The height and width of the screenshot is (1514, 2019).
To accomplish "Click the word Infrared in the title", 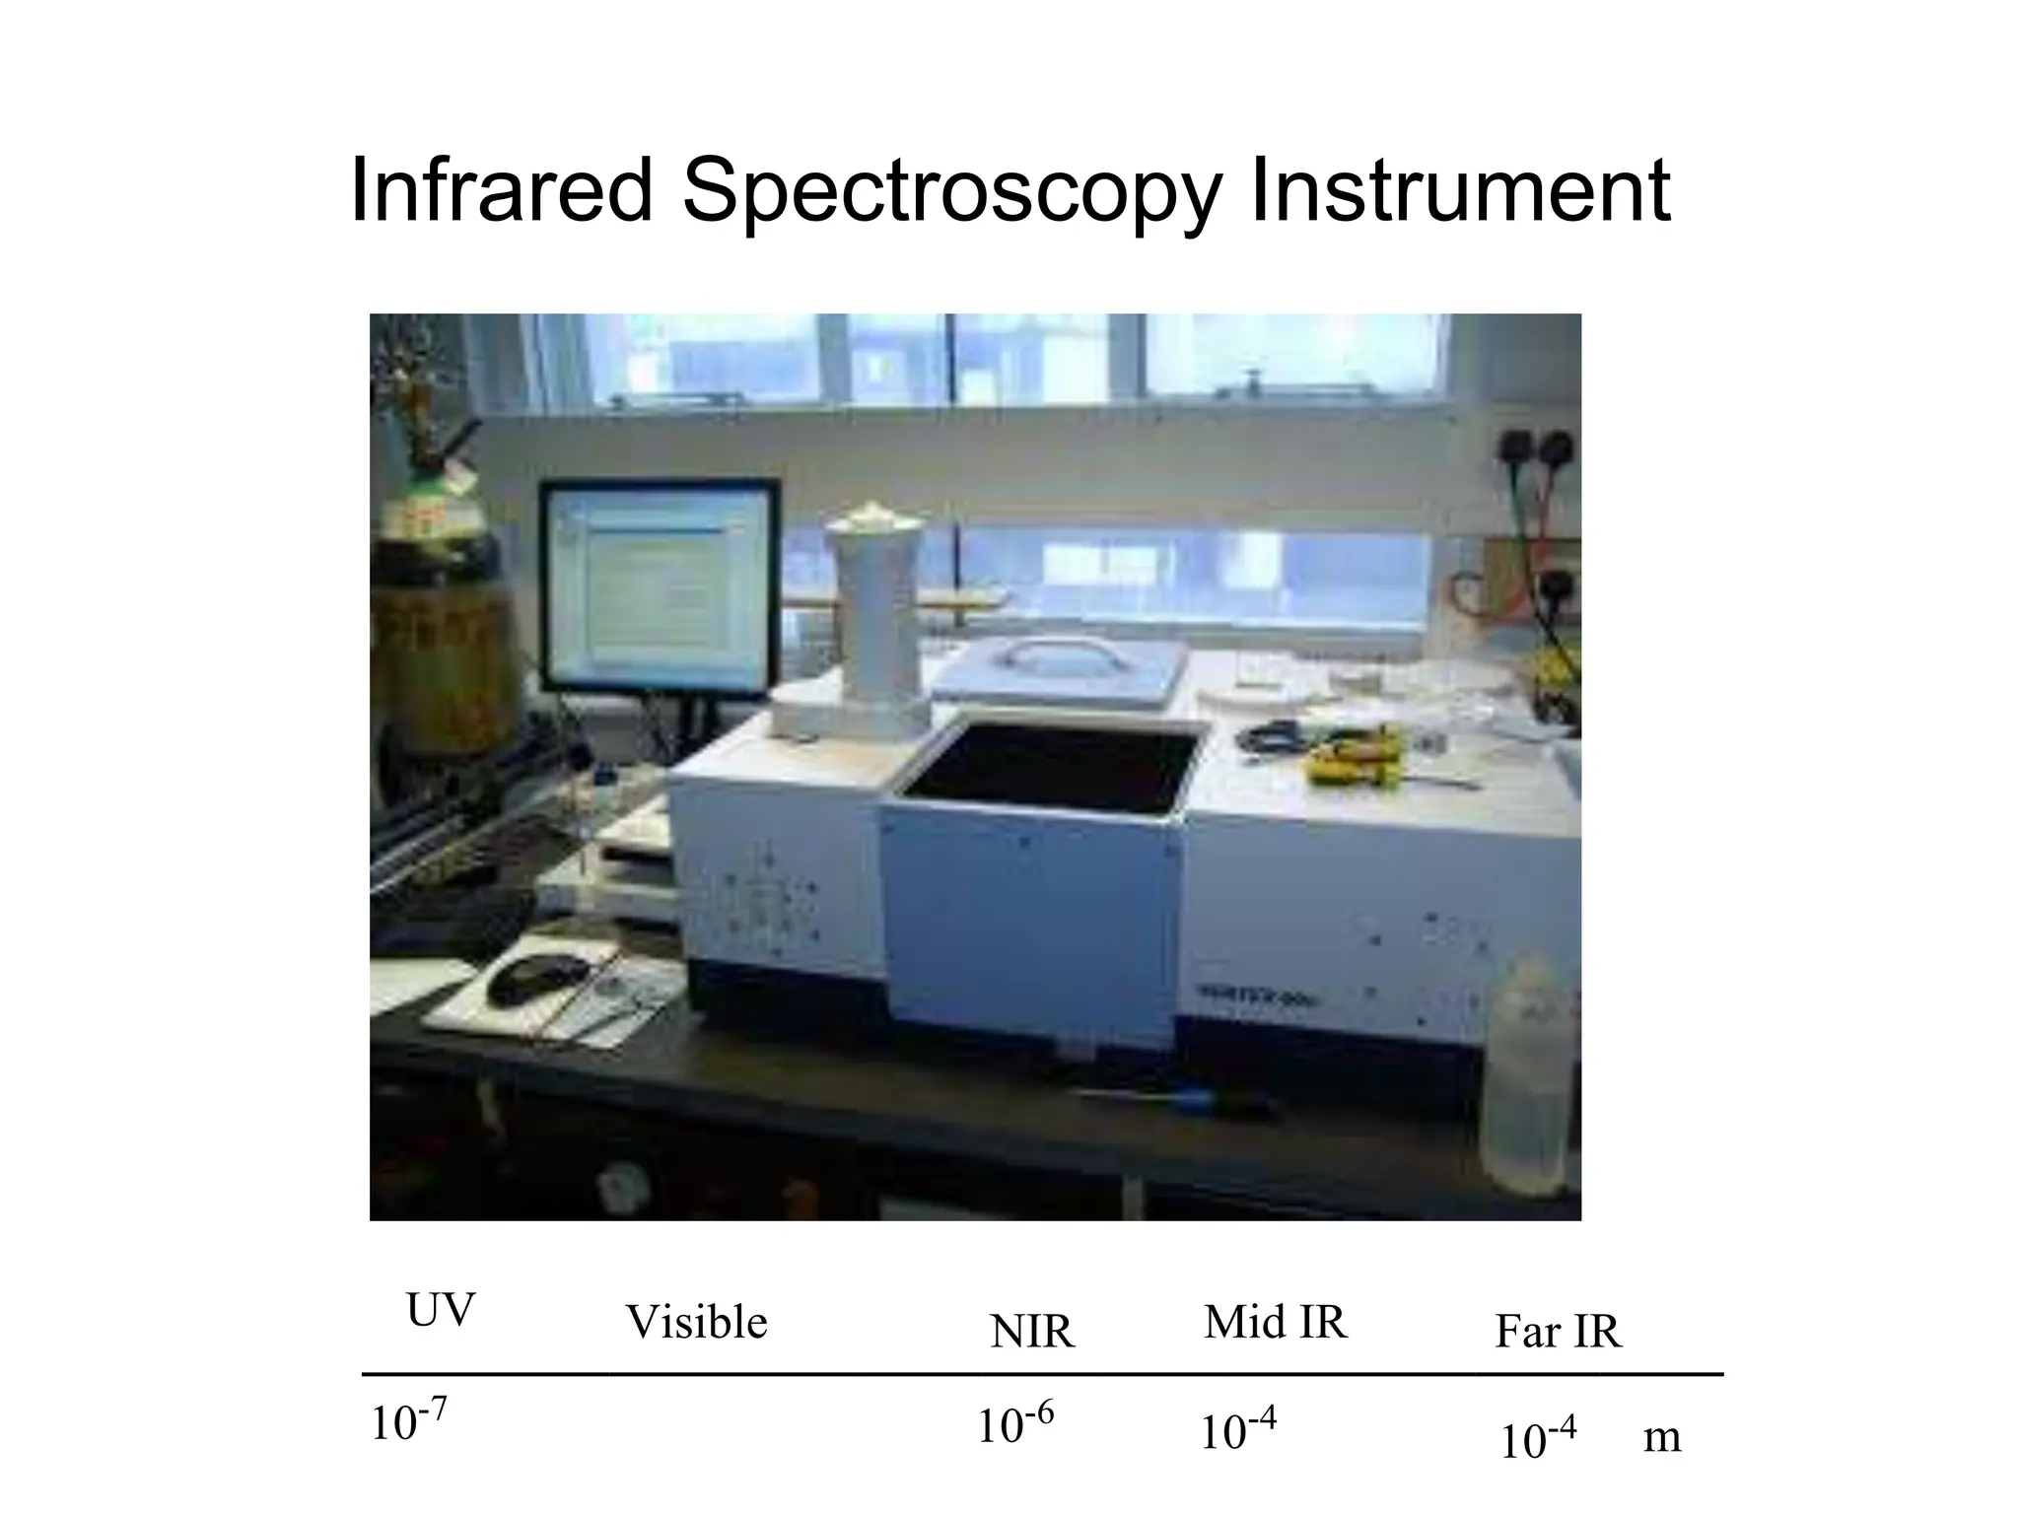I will [501, 189].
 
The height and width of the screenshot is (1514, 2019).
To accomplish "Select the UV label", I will [440, 1311].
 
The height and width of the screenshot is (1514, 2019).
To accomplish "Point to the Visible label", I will [696, 1323].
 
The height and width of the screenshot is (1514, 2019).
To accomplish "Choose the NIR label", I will [1031, 1332].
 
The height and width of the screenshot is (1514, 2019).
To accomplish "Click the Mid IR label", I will [1275, 1323].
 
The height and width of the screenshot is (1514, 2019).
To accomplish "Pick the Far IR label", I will [1557, 1332].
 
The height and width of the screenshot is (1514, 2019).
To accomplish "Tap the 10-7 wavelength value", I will [408, 1422].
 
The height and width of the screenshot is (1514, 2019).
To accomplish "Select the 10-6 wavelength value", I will [1014, 1424].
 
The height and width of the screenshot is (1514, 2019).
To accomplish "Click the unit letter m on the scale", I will [1662, 1438].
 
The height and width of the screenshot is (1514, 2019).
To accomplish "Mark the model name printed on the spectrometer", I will [1260, 997].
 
